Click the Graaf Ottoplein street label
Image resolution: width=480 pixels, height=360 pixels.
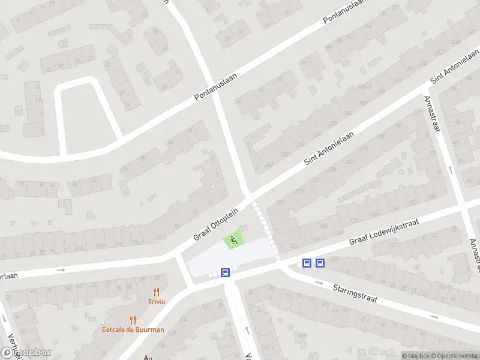pyautogui.click(x=216, y=224)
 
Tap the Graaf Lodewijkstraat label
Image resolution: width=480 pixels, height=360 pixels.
pyautogui.click(x=383, y=232)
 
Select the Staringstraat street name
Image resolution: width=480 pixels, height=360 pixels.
pyautogui.click(x=355, y=293)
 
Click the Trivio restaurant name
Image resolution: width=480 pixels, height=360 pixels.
pyautogui.click(x=157, y=302)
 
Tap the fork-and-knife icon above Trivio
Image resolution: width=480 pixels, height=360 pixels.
pyautogui.click(x=157, y=292)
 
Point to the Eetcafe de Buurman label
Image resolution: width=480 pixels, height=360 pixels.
pyautogui.click(x=133, y=330)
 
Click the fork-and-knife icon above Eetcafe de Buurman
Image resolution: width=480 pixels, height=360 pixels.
pyautogui.click(x=133, y=320)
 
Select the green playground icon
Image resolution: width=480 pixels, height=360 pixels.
pyautogui.click(x=233, y=241)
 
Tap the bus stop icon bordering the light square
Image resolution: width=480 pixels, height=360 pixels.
pyautogui.click(x=226, y=273)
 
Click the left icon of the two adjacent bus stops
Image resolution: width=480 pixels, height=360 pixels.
pyautogui.click(x=307, y=263)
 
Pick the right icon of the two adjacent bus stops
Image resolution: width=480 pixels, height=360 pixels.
pyautogui.click(x=320, y=263)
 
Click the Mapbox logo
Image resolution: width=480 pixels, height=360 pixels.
pyautogui.click(x=26, y=353)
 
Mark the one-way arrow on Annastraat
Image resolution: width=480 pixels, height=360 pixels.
pyautogui.click(x=451, y=170)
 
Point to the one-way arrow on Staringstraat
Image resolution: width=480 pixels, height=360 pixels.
pyautogui.click(x=434, y=316)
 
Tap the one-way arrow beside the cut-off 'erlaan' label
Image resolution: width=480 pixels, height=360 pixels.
pyautogui.click(x=60, y=270)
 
